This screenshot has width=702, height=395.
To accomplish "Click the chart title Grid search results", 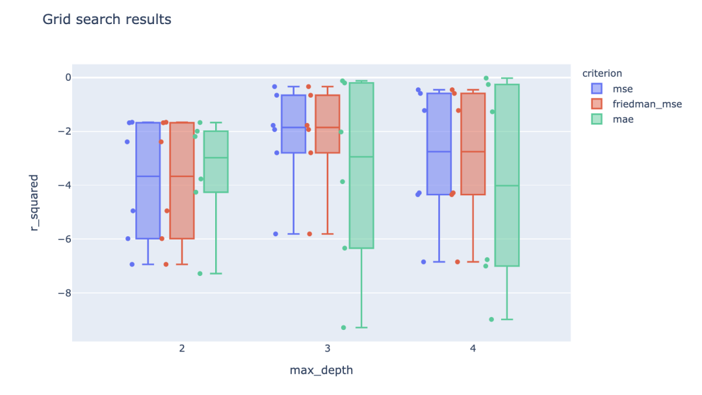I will coord(107,20).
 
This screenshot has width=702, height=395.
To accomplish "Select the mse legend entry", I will coord(617,89).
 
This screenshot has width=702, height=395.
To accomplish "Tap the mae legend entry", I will coord(618,119).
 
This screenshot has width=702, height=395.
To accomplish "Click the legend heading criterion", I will coord(602,73).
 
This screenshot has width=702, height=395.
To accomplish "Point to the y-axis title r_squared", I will coord(34,202).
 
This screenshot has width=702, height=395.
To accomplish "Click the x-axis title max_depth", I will coord(321,370).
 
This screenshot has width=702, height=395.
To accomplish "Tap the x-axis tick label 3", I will coord(327,349).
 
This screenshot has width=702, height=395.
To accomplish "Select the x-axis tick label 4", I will coord(473,349).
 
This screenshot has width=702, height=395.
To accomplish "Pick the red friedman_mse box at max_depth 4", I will coord(473,144).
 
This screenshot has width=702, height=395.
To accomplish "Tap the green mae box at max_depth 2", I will coord(216,161).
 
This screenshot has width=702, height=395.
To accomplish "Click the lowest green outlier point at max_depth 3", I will coord(343,327).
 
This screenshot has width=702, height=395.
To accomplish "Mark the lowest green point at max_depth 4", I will coord(491,320).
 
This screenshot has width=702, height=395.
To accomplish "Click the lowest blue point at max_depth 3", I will coord(276,234).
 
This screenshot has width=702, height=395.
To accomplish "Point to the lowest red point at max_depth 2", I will coord(166,264).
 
